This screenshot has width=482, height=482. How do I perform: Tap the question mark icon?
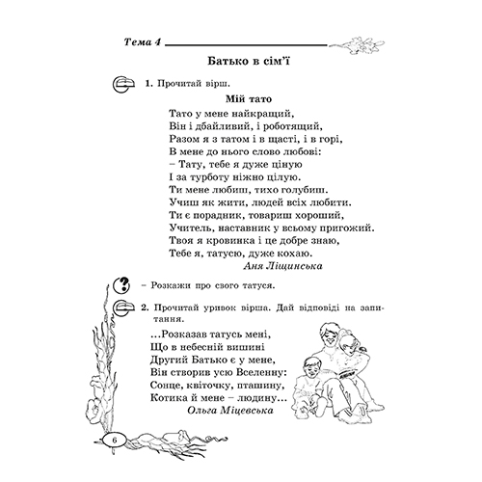coord(122,285)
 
